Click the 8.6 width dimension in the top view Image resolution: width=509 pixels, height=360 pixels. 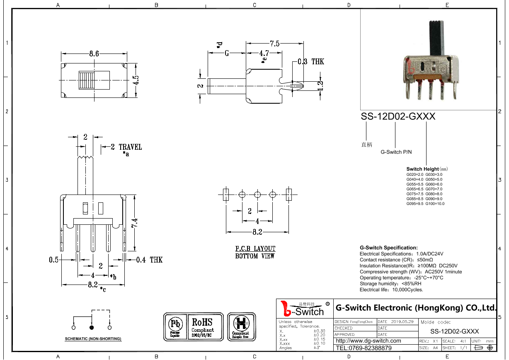94,54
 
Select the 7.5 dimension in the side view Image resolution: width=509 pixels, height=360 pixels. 275,44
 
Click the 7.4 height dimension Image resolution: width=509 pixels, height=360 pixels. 135,223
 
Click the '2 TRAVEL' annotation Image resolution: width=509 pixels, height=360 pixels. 126,147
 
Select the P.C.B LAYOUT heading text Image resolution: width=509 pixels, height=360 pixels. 255,249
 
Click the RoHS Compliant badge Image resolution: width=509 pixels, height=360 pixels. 202,326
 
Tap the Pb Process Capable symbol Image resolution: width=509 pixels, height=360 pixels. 175,326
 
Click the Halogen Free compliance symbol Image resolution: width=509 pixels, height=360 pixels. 240,326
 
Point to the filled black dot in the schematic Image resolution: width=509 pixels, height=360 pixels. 92,328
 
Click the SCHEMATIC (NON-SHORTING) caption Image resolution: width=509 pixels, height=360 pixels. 93,339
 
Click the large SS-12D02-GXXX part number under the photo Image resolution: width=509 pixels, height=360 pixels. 398,117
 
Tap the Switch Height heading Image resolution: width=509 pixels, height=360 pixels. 422,169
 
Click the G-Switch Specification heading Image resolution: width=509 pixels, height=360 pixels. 388,248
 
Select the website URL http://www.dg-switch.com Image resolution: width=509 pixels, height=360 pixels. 368,341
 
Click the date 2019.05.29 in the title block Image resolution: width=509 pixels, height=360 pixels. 402,322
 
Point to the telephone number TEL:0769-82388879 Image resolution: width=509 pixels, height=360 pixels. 364,348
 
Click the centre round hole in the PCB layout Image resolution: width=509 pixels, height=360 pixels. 257,195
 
